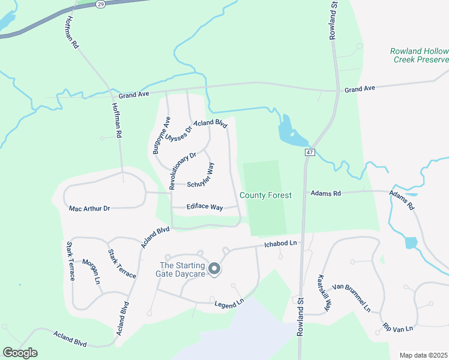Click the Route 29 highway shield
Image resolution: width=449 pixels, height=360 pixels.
tap(100, 4)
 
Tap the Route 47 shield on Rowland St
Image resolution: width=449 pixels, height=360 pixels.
tap(310, 152)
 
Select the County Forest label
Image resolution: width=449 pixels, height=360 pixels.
tap(265, 195)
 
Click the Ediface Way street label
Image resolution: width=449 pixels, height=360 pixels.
tap(205, 207)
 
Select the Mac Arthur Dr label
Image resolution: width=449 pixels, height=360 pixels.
tap(89, 208)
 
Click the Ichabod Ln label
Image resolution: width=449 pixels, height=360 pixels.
tap(280, 244)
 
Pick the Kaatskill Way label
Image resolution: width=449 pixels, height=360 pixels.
tap(324, 293)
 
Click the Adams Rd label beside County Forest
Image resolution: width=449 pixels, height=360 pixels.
tap(325, 193)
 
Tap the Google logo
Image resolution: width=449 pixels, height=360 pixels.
tap(20, 353)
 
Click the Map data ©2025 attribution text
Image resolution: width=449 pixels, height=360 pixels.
tap(424, 355)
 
